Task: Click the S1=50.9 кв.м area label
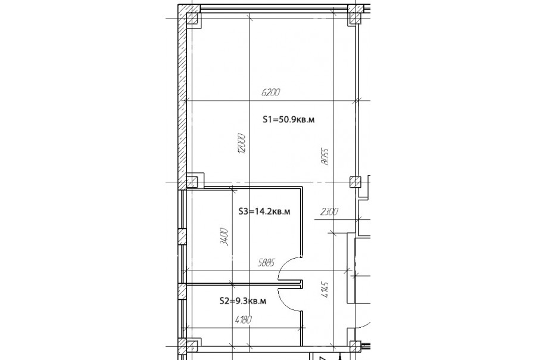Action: click(x=288, y=119)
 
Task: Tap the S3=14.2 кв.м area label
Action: click(x=264, y=212)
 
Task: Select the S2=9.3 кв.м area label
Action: click(x=243, y=301)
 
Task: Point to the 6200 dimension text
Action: click(x=271, y=92)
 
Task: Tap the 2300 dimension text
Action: click(x=329, y=212)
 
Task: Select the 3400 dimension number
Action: click(x=225, y=237)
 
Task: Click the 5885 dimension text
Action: click(x=266, y=263)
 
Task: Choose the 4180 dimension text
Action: click(x=244, y=320)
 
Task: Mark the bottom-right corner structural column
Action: click(x=355, y=347)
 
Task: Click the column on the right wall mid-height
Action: click(x=355, y=182)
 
